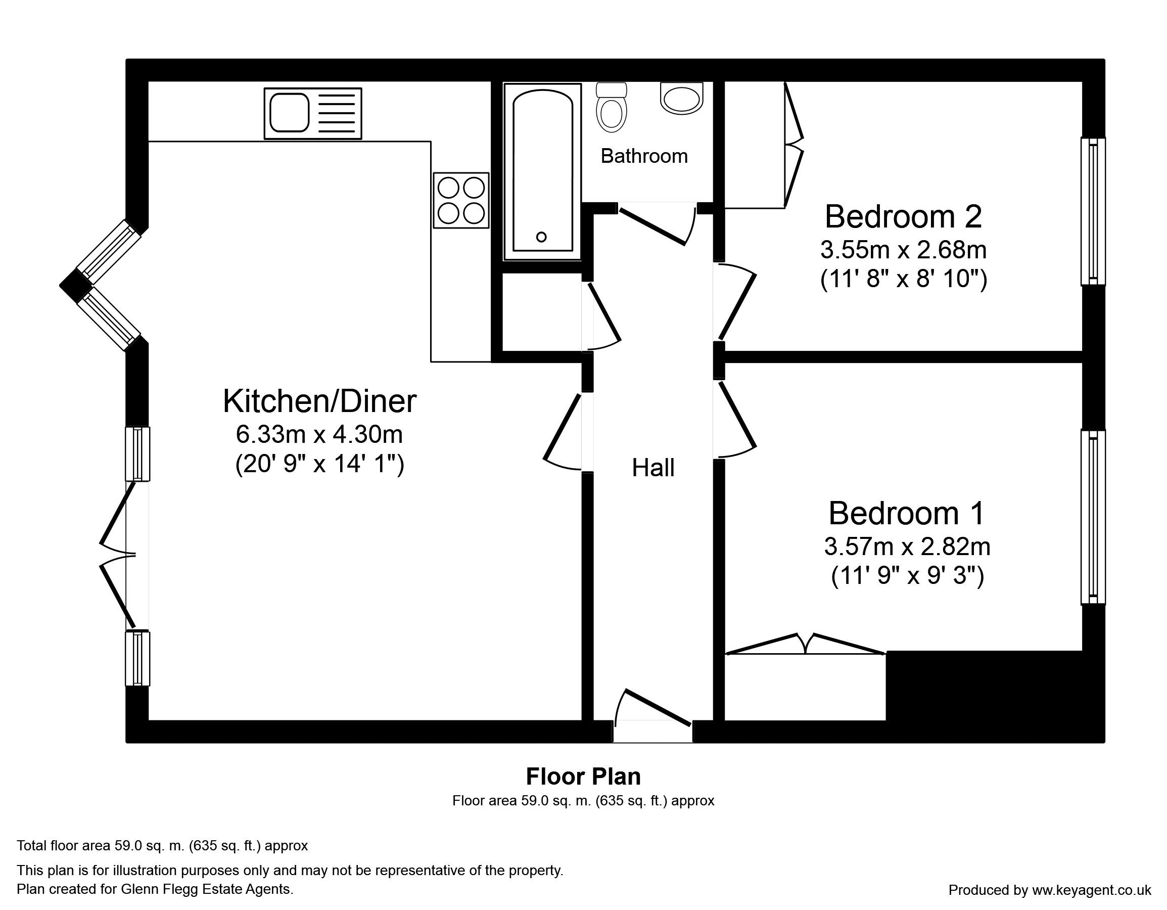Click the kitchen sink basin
tap(289, 113)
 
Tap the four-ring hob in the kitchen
tap(461, 200)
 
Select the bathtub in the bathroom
tap(542, 171)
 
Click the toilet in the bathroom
tap(611, 107)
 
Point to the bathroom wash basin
tap(681, 98)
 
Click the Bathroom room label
tap(644, 156)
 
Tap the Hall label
tap(653, 468)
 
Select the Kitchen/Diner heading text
tap(319, 401)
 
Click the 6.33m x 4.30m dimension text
tap(319, 434)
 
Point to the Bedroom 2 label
tap(903, 216)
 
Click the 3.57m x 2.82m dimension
tap(907, 547)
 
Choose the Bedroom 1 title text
tap(907, 513)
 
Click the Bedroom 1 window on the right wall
tap(1093, 517)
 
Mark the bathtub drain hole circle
tap(541, 237)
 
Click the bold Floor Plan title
tap(583, 777)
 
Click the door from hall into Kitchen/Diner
tap(563, 432)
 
